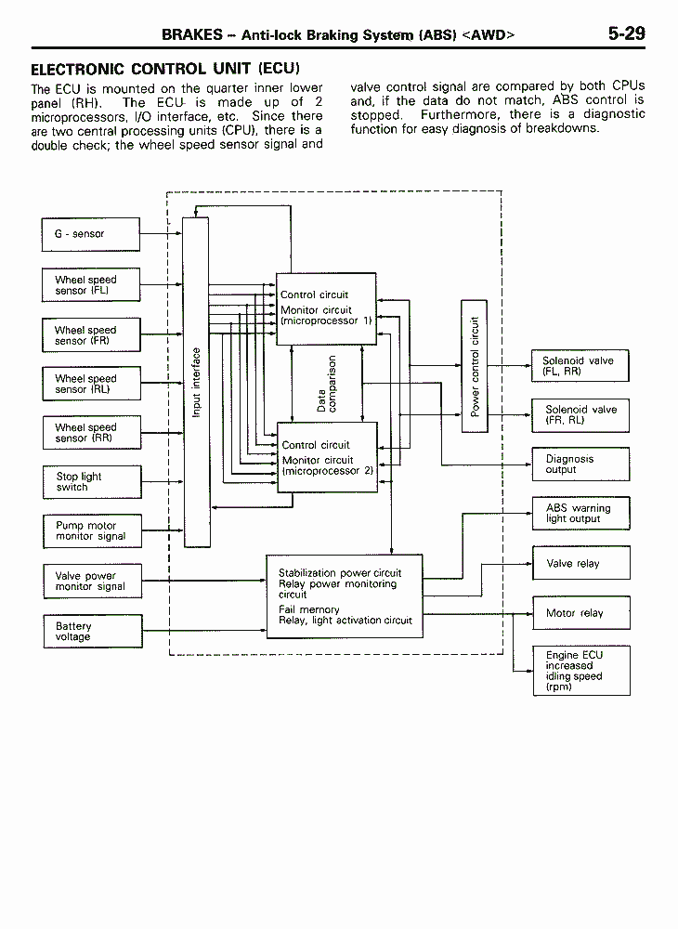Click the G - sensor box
click(x=91, y=234)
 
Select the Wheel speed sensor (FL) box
click(x=91, y=285)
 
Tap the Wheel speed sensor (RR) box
click(x=92, y=433)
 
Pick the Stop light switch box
click(x=92, y=481)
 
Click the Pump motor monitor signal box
click(x=92, y=530)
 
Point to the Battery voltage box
click(x=93, y=631)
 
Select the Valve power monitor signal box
click(x=93, y=581)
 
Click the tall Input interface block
click(x=196, y=382)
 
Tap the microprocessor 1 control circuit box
click(x=326, y=308)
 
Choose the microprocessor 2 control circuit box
click(x=328, y=457)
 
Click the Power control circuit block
click(x=475, y=366)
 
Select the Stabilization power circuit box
click(x=345, y=596)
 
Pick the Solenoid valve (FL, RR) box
click(x=580, y=365)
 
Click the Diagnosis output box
click(x=580, y=464)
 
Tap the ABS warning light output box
click(x=580, y=513)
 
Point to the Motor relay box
click(x=581, y=612)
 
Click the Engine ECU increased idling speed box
click(x=581, y=671)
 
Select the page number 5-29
click(x=627, y=33)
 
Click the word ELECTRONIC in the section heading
click(x=78, y=70)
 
